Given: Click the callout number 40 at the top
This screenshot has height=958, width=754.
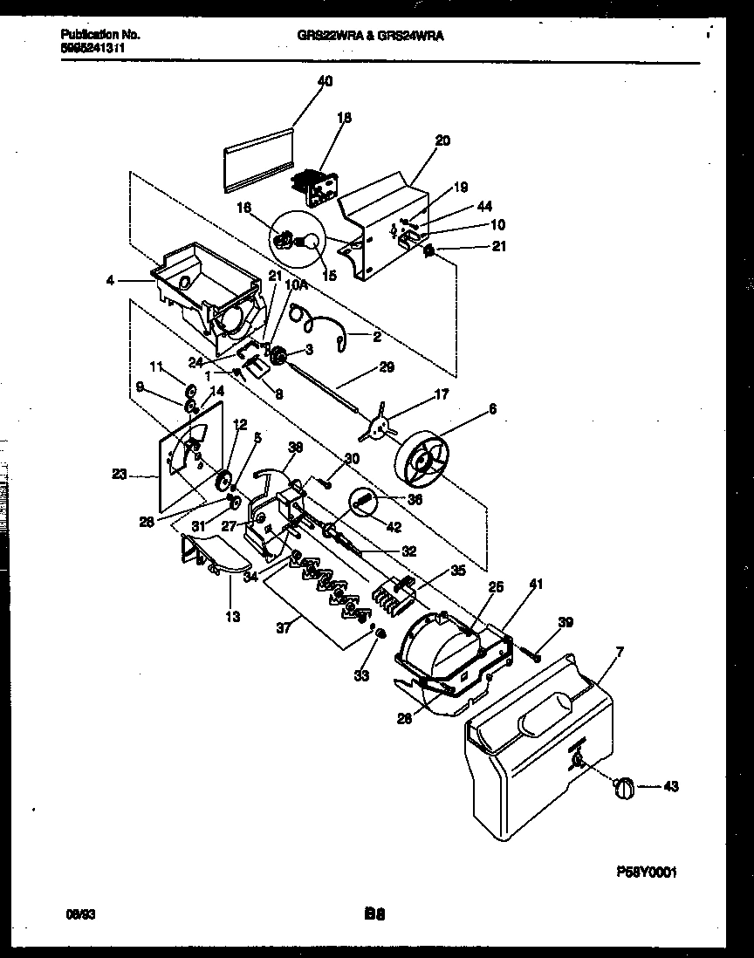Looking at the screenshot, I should tap(325, 81).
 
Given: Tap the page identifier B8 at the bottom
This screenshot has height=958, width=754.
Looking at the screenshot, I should tap(374, 916).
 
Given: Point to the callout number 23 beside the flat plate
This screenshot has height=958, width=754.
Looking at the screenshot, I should tap(120, 476).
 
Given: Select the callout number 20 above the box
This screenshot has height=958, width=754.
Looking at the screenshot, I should tap(442, 140).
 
